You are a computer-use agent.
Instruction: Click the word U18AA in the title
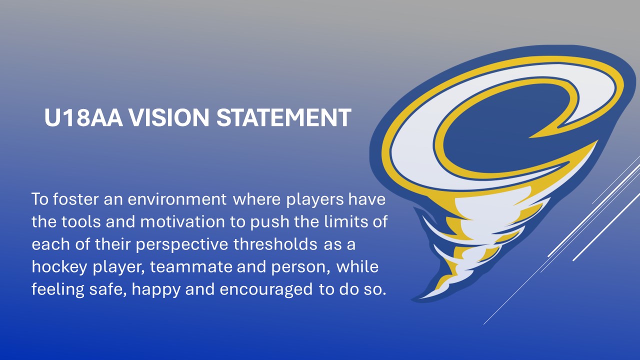pyautogui.click(x=83, y=117)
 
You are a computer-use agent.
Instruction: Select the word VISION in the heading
pyautogui.click(x=169, y=117)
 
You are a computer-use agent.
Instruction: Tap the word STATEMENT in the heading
pyautogui.click(x=283, y=117)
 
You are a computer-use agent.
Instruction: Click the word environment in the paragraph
pyautogui.click(x=177, y=199)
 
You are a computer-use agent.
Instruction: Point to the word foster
pyautogui.click(x=75, y=198)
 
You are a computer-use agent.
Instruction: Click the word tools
pyautogui.click(x=81, y=221)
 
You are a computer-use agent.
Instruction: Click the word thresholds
pyautogui.click(x=275, y=244)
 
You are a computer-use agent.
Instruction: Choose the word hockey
pyautogui.click(x=59, y=267)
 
